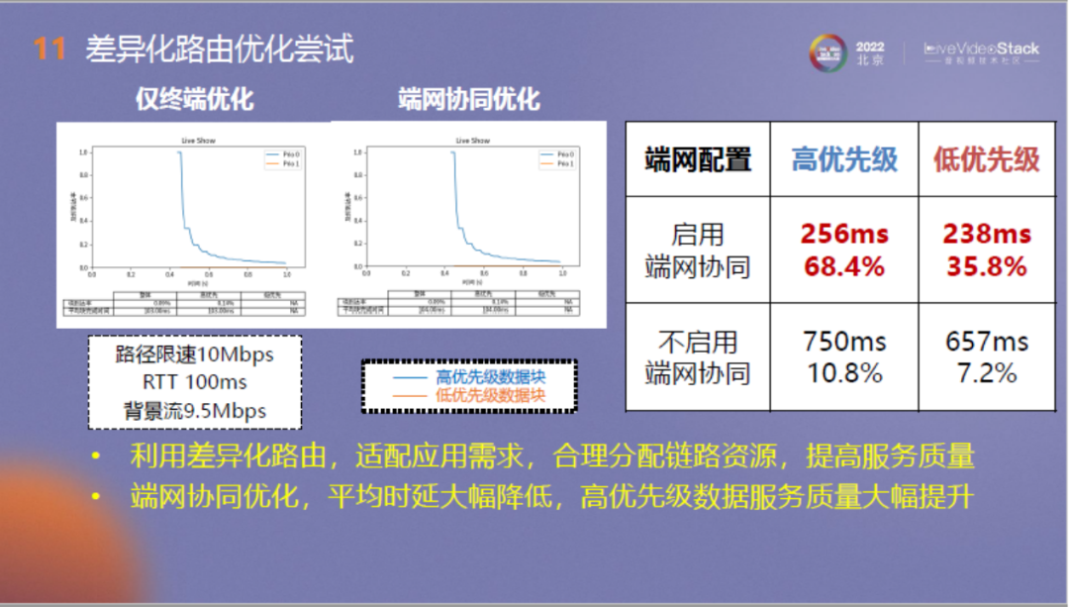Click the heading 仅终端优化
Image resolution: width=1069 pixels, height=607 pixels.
click(x=195, y=99)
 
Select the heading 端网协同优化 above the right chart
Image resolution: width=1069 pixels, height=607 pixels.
click(x=469, y=99)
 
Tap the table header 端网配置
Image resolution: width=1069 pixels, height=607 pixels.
click(x=698, y=159)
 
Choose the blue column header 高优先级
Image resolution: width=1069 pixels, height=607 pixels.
click(x=844, y=159)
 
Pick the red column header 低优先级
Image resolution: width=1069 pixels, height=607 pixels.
click(x=987, y=159)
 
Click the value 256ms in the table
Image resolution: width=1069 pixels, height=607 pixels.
click(x=844, y=235)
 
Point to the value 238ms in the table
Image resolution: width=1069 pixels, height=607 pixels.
click(x=987, y=235)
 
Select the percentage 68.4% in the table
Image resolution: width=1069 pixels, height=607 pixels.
click(x=844, y=267)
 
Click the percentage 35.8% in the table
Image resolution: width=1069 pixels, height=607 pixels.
click(x=987, y=267)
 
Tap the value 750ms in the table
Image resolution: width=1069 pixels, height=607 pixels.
click(x=844, y=342)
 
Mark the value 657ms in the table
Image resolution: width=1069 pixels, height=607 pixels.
click(x=987, y=342)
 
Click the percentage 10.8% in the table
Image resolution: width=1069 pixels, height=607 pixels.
click(x=844, y=374)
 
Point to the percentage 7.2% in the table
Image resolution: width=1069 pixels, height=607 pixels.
click(x=987, y=374)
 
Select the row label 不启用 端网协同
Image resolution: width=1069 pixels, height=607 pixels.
click(x=698, y=357)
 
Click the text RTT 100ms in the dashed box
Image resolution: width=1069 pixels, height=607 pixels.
click(x=195, y=382)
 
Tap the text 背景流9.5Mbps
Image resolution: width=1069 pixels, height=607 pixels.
click(x=195, y=411)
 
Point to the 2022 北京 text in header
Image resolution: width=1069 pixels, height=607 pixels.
click(x=870, y=52)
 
